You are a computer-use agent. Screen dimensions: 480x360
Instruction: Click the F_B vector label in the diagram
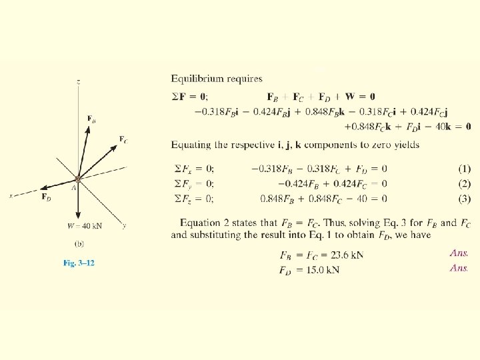[x=91, y=119]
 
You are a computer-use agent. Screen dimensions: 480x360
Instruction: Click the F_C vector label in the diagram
[x=123, y=139]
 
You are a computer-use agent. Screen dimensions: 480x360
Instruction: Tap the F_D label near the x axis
[x=45, y=197]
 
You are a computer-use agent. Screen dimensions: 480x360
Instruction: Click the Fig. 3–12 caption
[x=79, y=263]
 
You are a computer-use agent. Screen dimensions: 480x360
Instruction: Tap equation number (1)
[x=460, y=168]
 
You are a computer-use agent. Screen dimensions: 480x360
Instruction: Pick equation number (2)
[x=460, y=183]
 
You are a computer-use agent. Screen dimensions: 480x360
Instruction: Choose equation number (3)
[x=460, y=199]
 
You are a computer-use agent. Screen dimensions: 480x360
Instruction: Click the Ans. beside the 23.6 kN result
[x=459, y=253]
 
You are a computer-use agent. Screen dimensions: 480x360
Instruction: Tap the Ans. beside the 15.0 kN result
[x=459, y=268]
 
